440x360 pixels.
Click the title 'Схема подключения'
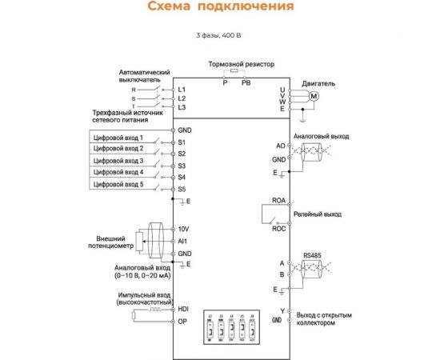tap(219, 7)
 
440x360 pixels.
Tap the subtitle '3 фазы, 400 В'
tap(219, 36)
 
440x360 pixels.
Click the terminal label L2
tap(182, 98)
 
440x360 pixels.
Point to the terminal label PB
tap(246, 82)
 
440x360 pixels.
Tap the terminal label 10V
tap(183, 229)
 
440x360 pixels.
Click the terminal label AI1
tap(182, 240)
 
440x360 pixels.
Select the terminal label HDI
tap(182, 308)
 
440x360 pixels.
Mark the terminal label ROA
tap(278, 204)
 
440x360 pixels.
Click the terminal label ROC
tap(278, 228)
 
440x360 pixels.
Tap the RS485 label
tap(312, 256)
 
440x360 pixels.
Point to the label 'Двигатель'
tap(318, 82)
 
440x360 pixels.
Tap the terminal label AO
tap(280, 146)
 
